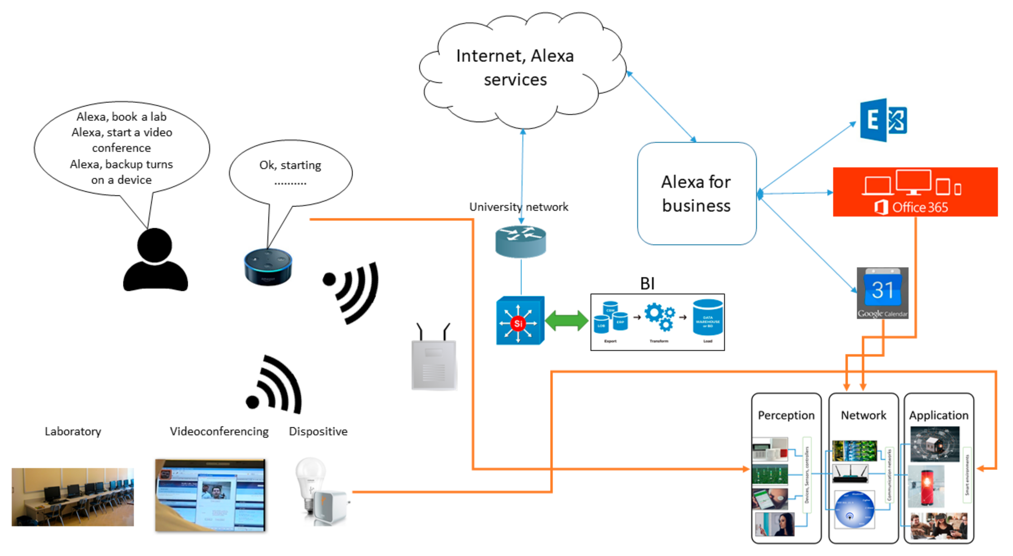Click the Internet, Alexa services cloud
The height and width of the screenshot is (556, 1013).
point(515,69)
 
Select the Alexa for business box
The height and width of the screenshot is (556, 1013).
point(696,194)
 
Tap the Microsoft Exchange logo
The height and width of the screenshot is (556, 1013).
point(883,120)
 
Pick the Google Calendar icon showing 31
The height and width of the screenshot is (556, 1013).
point(882,293)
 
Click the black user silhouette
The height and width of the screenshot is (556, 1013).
point(155,261)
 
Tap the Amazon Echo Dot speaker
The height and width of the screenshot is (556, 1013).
point(268,267)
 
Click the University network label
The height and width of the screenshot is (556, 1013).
point(518,207)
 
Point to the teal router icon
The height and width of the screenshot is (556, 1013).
point(520,242)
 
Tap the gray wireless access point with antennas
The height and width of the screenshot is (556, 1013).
point(433,359)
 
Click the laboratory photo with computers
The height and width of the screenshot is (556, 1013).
point(73,497)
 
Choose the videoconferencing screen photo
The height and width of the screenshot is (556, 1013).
point(210,495)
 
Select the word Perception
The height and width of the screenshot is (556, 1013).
point(786,415)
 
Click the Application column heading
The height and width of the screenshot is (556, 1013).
point(938,415)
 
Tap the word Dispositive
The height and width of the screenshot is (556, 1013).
point(318,431)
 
